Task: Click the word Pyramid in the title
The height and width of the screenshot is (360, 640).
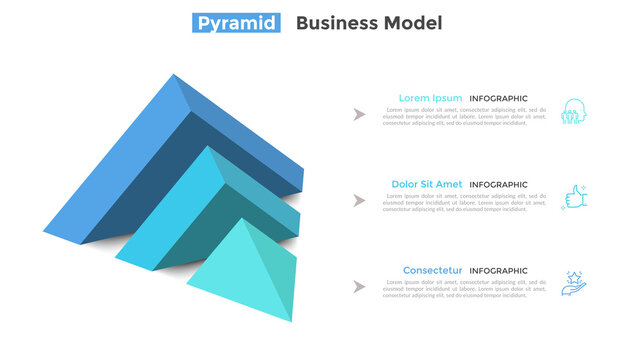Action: (235, 23)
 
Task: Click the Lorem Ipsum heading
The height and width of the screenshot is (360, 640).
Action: (430, 98)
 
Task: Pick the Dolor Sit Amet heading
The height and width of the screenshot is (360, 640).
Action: (426, 184)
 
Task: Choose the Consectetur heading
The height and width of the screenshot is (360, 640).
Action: (432, 270)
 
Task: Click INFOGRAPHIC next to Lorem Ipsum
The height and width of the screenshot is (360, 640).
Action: (498, 99)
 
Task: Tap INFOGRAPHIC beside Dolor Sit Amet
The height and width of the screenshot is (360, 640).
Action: (498, 185)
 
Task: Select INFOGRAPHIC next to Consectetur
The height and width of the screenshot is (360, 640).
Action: (498, 271)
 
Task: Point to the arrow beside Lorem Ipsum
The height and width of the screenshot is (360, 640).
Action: (359, 115)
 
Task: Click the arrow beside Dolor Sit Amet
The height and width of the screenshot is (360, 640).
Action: (359, 201)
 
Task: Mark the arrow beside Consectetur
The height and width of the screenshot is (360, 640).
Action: (359, 287)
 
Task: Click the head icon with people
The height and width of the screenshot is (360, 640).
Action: (574, 111)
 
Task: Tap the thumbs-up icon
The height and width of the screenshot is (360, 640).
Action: (574, 197)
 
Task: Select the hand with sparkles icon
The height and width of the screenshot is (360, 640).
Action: (574, 283)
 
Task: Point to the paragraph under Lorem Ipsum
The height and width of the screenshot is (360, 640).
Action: (464, 117)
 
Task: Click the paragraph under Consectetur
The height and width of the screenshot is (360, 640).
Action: (464, 289)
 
